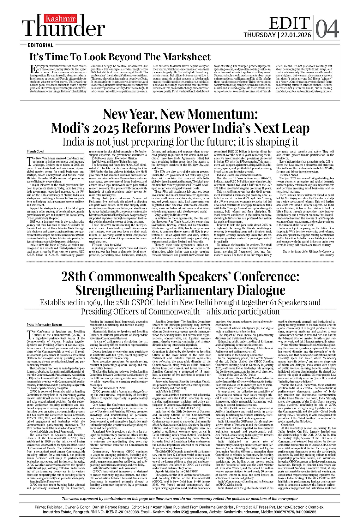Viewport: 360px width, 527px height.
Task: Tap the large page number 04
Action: point(327,29)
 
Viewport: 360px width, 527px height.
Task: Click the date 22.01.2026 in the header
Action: point(296,35)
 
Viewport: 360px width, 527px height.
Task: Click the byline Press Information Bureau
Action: point(44,325)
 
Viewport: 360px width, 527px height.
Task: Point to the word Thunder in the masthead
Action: point(65,29)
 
